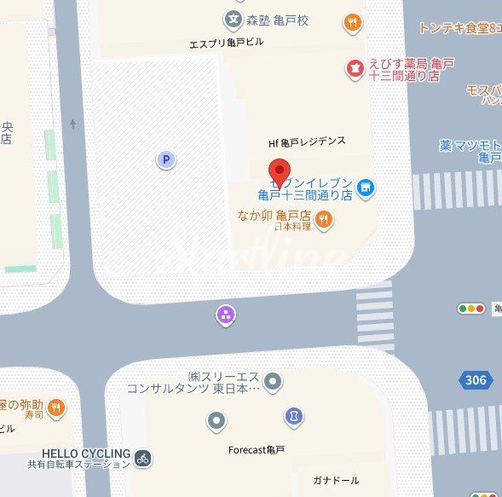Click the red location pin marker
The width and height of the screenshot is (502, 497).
[x=280, y=170]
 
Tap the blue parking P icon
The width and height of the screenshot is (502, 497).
[x=166, y=159]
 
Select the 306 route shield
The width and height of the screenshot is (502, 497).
[x=476, y=380]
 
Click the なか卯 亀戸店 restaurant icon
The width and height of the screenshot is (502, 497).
[x=324, y=221]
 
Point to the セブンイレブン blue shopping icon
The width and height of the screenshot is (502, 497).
[x=366, y=187]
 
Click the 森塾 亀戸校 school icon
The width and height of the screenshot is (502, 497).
[x=233, y=19]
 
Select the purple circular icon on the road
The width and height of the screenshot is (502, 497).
[x=226, y=316]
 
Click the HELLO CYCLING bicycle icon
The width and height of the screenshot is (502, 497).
[x=143, y=459]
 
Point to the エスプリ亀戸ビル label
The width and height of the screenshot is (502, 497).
[x=228, y=43]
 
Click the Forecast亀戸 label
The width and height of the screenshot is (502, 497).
[x=257, y=449]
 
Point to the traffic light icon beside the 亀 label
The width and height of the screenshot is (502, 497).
[x=470, y=309]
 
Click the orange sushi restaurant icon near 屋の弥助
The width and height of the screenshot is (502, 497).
[x=56, y=407]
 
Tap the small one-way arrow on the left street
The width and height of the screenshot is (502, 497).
[x=72, y=125]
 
